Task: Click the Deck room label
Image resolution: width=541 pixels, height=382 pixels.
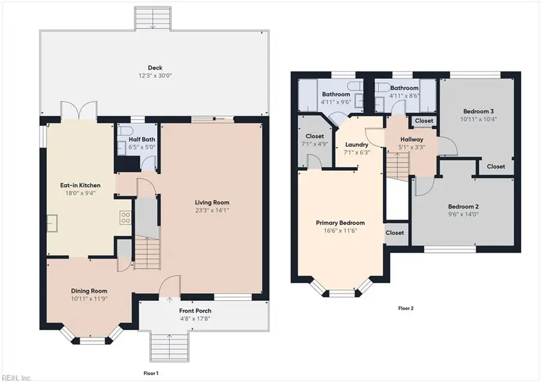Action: [x=155, y=67]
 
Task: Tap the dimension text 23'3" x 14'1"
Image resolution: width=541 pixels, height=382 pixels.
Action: [x=212, y=210]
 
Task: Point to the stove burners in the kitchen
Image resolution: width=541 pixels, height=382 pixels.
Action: [x=126, y=218]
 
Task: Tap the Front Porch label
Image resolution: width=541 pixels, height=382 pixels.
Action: [x=195, y=310]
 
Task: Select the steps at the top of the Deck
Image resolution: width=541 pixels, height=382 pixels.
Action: [x=152, y=19]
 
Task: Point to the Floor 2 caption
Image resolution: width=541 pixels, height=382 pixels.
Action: [x=406, y=308]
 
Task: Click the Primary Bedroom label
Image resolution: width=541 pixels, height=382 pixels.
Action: [x=340, y=223]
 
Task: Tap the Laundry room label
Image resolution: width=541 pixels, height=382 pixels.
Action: [x=356, y=145]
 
